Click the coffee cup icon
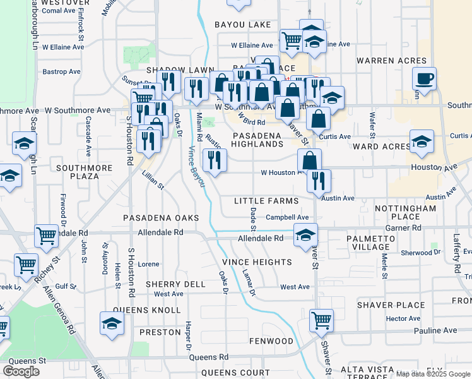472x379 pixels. (424, 79)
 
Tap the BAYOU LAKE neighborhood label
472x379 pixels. (242, 25)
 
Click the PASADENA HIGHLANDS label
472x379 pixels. (257, 140)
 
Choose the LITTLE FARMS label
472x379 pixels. (266, 201)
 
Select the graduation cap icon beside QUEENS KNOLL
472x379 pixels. (112, 323)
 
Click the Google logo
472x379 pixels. (21, 371)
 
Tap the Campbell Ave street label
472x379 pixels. (286, 217)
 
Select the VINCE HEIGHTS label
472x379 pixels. (257, 262)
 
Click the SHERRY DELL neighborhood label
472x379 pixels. (175, 284)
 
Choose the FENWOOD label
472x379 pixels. (271, 341)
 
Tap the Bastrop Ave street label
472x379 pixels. (61, 71)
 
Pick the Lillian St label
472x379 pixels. (153, 179)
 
